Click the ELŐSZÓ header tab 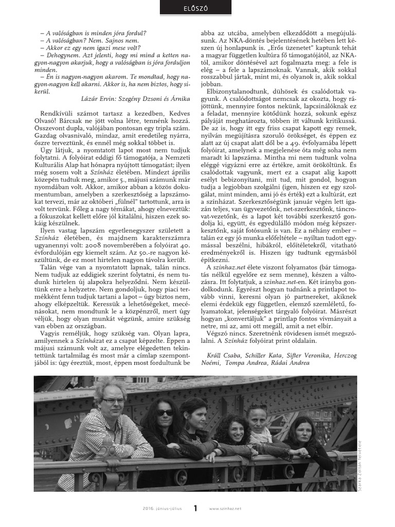(x=197, y=8)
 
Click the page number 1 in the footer (x=195, y=508)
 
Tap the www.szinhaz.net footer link (x=226, y=509)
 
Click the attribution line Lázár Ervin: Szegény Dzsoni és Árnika (x=136, y=98)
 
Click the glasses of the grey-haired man (x=113, y=401)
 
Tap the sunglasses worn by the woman (x=165, y=413)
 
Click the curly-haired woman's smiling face (x=235, y=430)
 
